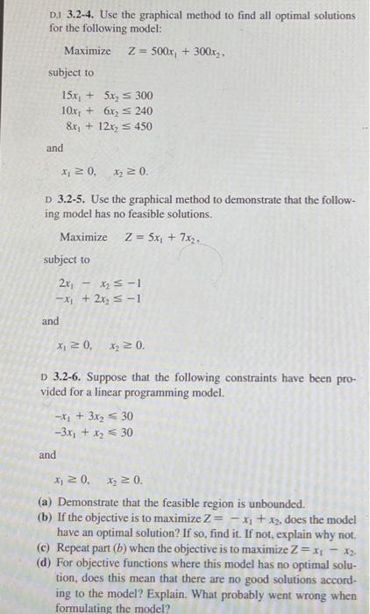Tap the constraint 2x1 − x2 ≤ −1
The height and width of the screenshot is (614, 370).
101,282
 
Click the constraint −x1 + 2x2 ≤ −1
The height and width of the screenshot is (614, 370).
101,297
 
